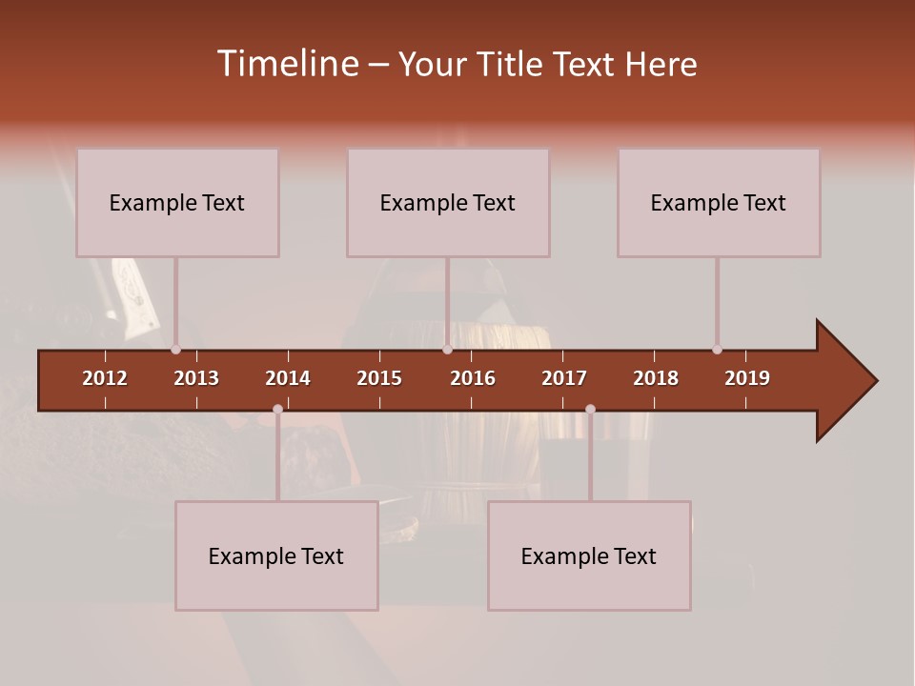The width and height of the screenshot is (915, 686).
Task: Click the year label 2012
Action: coord(105,378)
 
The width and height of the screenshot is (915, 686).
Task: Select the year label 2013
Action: coord(196,378)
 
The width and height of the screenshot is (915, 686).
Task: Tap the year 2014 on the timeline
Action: coord(288,378)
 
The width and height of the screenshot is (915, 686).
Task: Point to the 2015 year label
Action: coord(379,378)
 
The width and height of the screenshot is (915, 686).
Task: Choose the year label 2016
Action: coord(473,378)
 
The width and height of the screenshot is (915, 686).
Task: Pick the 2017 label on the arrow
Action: coord(564,378)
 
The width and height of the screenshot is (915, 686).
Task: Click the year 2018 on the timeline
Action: coord(656,378)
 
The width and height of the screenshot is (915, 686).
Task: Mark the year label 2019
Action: coord(747,378)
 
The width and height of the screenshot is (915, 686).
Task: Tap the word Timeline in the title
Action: coord(287,64)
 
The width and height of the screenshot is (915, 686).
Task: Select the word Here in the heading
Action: coord(661,64)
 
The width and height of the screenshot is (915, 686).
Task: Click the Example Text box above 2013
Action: coord(177,203)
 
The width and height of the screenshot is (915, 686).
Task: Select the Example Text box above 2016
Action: coord(448,203)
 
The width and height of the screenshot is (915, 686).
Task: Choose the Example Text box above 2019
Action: coord(719,203)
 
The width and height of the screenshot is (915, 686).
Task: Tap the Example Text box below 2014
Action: coord(276,556)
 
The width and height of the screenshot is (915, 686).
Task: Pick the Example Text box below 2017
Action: coord(589,556)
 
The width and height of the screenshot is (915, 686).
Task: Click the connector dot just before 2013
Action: coord(176,350)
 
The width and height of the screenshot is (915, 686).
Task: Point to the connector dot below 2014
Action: coord(277,410)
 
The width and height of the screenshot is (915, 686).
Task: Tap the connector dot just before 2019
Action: coord(717,350)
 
